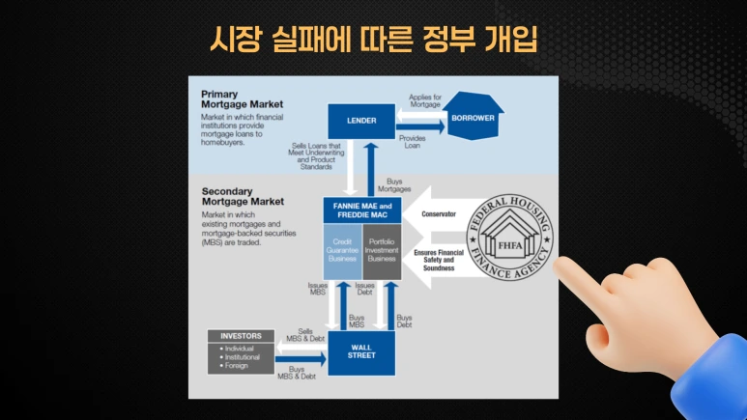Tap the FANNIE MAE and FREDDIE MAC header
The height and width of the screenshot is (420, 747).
[x=361, y=210]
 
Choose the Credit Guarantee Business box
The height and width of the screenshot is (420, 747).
[x=342, y=249]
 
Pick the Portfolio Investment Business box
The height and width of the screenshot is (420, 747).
[x=381, y=249]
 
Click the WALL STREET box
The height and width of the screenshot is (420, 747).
[x=361, y=353]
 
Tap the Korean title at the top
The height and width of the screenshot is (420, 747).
[x=373, y=38]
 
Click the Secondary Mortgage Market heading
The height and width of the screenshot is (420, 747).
[x=243, y=197]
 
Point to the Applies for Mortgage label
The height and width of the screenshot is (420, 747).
[x=425, y=101]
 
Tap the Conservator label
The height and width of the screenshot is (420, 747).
[x=437, y=213]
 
